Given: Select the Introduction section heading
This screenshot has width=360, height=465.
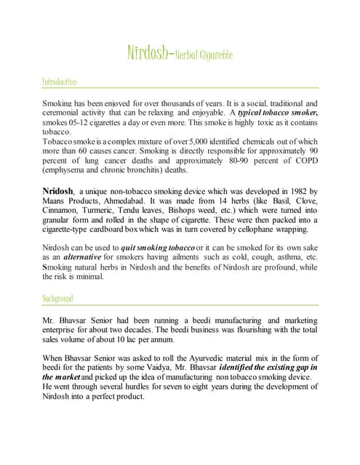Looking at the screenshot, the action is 60,82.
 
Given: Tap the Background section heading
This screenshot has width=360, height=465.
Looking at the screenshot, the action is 57,299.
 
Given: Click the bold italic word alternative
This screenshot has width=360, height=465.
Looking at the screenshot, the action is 83,257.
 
